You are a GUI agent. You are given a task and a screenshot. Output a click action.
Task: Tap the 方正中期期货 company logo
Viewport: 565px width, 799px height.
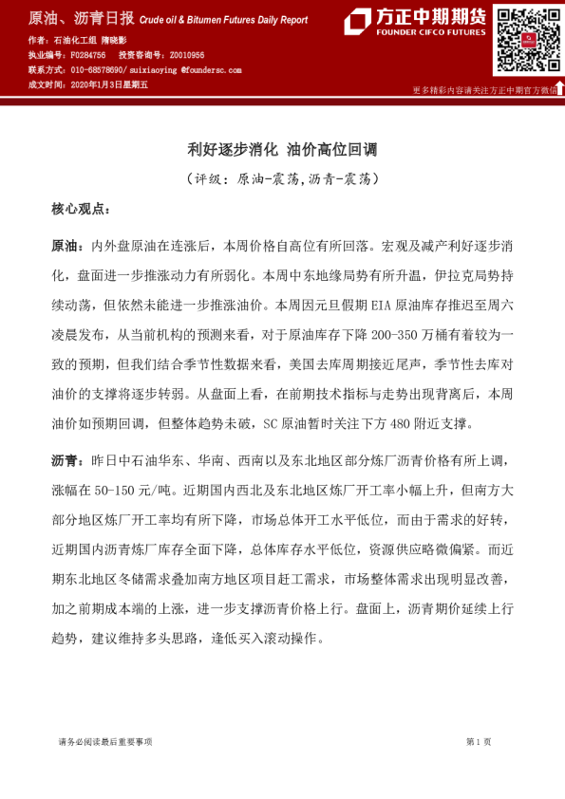414,22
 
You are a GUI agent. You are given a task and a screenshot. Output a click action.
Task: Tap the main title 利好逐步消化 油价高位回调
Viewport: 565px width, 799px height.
282,149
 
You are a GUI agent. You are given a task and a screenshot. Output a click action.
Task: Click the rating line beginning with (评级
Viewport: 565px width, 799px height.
282,178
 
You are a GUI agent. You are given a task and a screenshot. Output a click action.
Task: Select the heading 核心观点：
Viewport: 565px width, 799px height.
81,208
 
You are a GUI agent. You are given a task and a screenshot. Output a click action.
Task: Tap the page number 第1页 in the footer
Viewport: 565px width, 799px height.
478,741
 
